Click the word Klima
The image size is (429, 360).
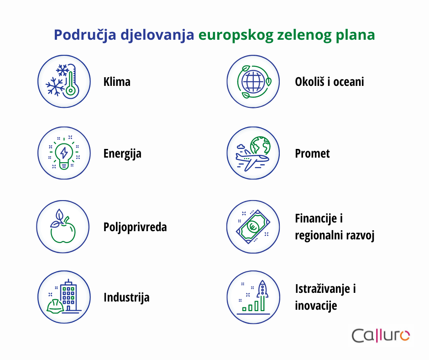(117, 82)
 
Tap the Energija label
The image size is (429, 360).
(122, 154)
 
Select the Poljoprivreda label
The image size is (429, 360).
(135, 228)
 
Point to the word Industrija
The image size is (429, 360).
(126, 298)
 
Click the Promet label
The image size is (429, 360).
(312, 154)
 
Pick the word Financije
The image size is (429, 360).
(316, 219)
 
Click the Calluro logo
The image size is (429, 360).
(381, 336)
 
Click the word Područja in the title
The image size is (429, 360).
(85, 35)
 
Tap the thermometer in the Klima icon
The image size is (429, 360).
(71, 81)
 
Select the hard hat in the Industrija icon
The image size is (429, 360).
(55, 306)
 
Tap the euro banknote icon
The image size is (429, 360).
(253, 227)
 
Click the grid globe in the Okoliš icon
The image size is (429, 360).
(253, 81)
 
